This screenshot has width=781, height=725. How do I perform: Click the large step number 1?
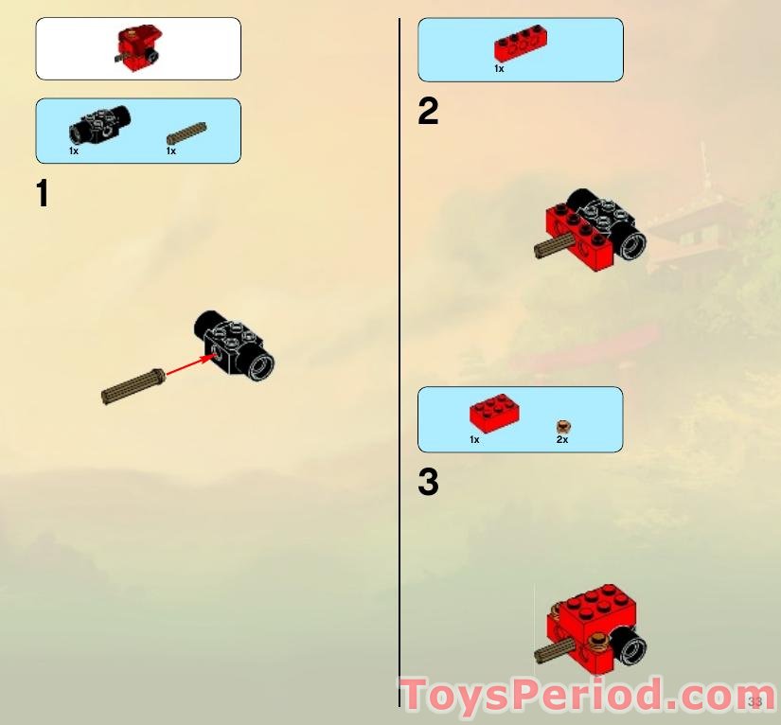click(42, 194)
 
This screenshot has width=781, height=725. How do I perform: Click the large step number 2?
click(428, 113)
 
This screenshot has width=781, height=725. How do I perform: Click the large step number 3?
click(428, 483)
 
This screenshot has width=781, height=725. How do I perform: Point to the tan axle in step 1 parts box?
click(186, 133)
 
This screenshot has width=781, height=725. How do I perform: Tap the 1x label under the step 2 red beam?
click(499, 69)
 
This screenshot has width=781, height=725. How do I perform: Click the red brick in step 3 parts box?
click(494, 415)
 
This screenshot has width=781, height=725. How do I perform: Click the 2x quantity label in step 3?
click(562, 440)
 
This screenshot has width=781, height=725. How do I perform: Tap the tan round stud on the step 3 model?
click(598, 647)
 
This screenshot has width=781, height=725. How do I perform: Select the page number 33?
click(754, 702)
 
